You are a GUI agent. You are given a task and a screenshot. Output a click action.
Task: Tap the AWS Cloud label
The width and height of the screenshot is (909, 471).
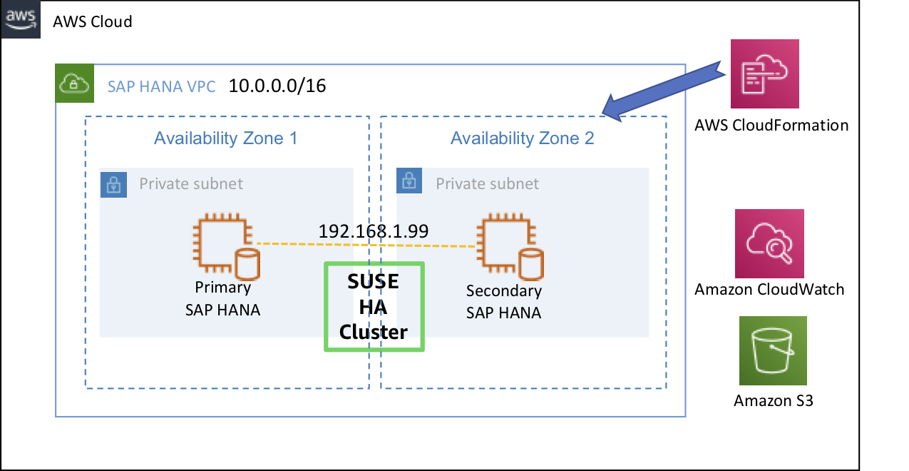pyautogui.click(x=93, y=21)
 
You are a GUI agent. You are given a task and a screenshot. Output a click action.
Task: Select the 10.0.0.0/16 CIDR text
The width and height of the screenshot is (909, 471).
pyautogui.click(x=277, y=86)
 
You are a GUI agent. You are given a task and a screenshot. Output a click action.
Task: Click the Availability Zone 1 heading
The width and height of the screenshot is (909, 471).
pyautogui.click(x=225, y=138)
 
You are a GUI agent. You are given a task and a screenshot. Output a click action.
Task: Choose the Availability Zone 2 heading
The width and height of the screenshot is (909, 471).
pyautogui.click(x=522, y=138)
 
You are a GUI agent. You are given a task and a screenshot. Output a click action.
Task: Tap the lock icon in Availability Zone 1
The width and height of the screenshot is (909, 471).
pyautogui.click(x=113, y=183)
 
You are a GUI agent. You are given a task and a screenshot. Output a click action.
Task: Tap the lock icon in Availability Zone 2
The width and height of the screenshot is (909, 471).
pyautogui.click(x=410, y=181)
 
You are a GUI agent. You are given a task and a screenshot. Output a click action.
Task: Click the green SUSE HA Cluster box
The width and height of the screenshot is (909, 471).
pyautogui.click(x=374, y=307)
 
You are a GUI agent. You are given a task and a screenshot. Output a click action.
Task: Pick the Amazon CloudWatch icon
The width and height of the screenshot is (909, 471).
pyautogui.click(x=769, y=243)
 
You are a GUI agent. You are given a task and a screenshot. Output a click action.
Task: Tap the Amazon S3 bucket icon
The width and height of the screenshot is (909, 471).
pyautogui.click(x=773, y=350)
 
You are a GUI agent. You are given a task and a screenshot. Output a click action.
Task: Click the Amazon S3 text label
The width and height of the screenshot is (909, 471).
pyautogui.click(x=774, y=400)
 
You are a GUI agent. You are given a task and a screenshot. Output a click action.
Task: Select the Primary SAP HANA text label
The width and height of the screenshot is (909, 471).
pyautogui.click(x=222, y=298)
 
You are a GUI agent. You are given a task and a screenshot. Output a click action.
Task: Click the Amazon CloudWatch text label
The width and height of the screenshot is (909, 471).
pyautogui.click(x=769, y=289)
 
